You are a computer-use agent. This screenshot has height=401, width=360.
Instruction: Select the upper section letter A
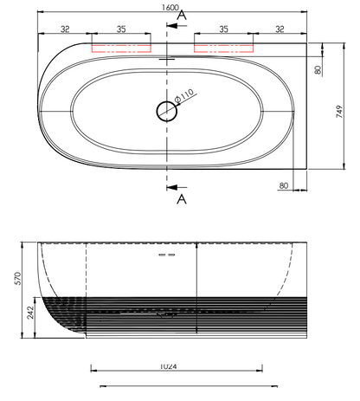pos(180,15)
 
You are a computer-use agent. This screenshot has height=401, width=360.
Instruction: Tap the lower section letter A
pos(180,200)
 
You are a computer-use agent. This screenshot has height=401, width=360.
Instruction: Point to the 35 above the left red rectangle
pos(121,29)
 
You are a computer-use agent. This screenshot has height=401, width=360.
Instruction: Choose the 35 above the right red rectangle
pos(223,29)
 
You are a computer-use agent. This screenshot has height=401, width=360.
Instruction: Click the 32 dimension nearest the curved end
pos(66,29)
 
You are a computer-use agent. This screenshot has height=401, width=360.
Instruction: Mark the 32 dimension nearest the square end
pos(279,29)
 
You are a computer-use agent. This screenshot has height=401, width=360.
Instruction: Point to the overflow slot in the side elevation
pos(166,256)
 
